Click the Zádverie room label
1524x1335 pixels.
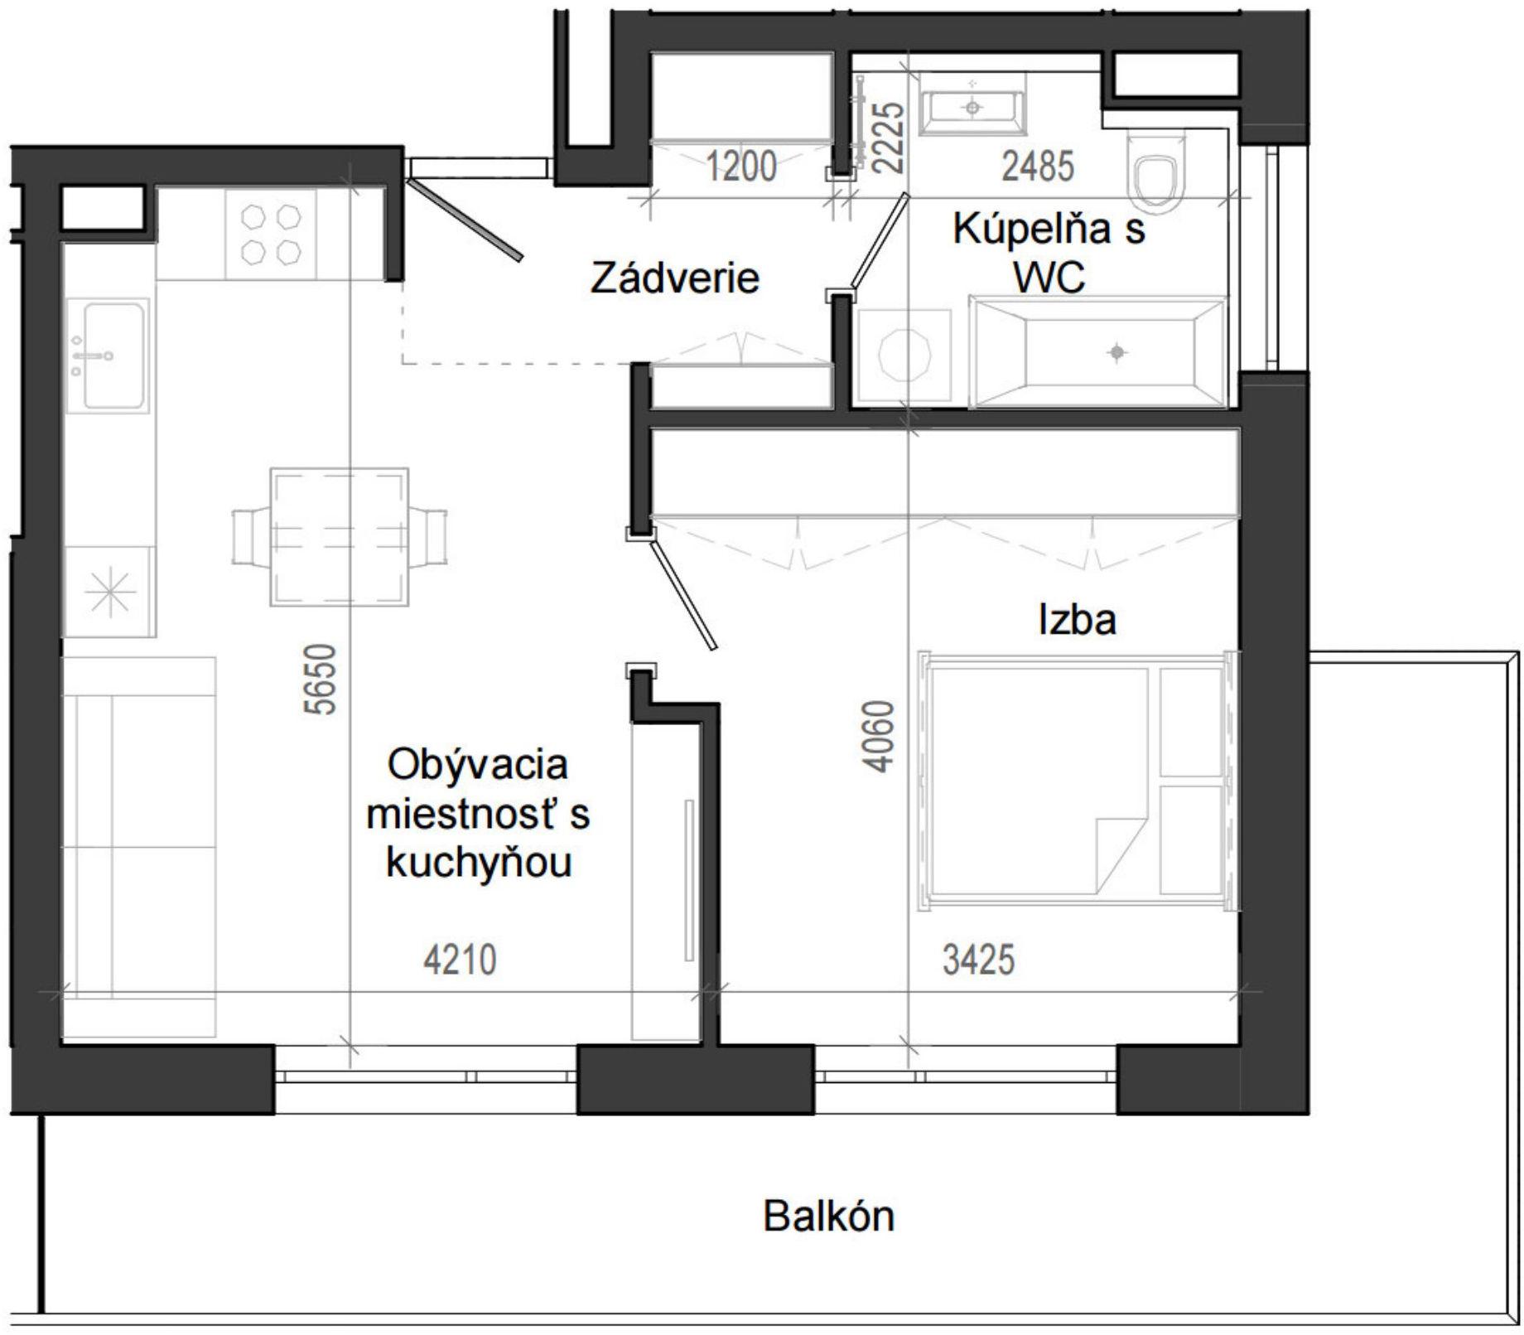tap(675, 278)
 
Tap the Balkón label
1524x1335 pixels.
tap(829, 1216)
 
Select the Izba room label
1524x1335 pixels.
tap(1077, 619)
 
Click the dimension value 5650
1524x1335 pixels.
tap(322, 680)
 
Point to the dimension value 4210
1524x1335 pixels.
tap(460, 960)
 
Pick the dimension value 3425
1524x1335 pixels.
tap(978, 960)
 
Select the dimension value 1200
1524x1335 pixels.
tap(741, 166)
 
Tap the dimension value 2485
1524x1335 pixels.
tap(1038, 166)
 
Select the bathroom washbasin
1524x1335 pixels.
tap(973, 103)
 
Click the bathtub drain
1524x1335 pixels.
tap(1116, 352)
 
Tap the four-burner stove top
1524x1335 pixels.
tap(270, 234)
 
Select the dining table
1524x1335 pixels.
tap(340, 537)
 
